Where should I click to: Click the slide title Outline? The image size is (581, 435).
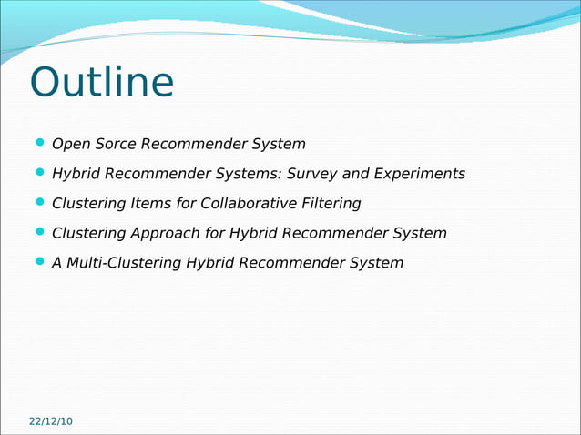point(101,83)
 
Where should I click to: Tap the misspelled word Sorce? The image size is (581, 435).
point(111,144)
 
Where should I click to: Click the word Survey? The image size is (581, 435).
point(307,174)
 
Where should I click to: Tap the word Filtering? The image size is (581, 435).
point(332,203)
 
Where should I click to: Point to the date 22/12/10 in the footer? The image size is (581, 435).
point(51,421)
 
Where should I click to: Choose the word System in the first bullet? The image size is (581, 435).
point(279,144)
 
